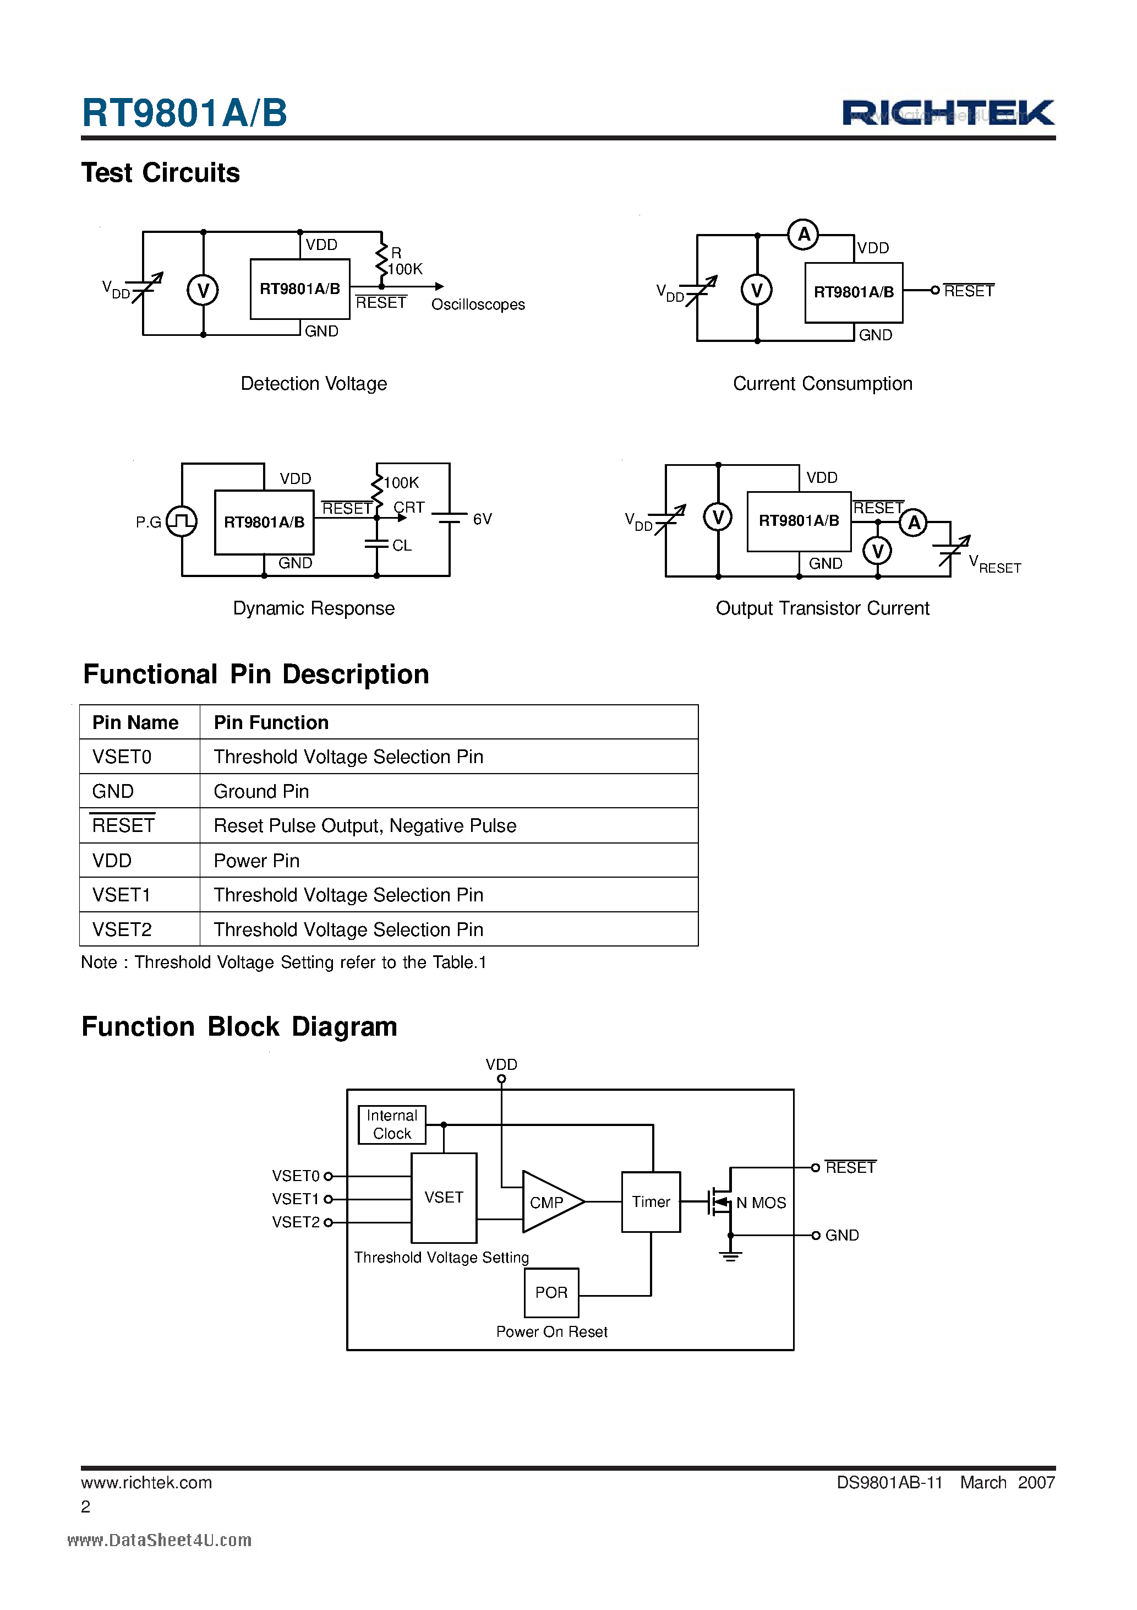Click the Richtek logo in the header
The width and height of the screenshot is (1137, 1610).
click(x=948, y=113)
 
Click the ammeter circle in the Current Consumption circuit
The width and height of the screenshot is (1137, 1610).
click(x=803, y=234)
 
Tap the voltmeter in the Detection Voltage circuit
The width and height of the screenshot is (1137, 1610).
click(x=203, y=290)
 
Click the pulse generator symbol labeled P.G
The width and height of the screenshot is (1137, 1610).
click(x=182, y=521)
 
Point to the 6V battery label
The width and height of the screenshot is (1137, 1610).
click(x=482, y=519)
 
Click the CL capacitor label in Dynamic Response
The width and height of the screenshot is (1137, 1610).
click(x=402, y=545)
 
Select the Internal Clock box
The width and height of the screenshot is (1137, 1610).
click(x=392, y=1124)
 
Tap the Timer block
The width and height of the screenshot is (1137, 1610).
click(x=651, y=1202)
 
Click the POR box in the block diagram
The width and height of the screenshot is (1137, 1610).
click(x=551, y=1292)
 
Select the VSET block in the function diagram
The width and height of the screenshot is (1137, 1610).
click(x=444, y=1197)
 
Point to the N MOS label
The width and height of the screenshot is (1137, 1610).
click(x=761, y=1203)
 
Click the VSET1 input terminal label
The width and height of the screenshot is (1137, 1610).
click(x=295, y=1199)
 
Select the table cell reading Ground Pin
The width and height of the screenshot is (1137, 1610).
click(x=261, y=791)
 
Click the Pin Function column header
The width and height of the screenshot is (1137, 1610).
click(x=271, y=722)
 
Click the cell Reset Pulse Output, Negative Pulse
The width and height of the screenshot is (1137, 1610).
click(x=364, y=825)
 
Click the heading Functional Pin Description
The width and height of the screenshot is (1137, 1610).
click(x=256, y=674)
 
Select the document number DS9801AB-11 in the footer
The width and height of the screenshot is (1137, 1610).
click(x=889, y=1482)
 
